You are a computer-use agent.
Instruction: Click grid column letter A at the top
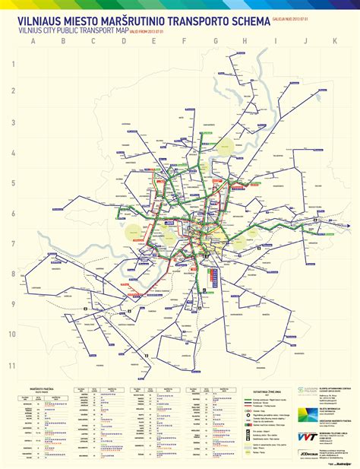point(33,41)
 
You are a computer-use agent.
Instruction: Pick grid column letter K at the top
point(335,41)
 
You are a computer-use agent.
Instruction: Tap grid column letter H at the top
point(245,41)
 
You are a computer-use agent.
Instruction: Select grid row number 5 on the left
point(12,182)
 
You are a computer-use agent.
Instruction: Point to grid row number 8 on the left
point(12,274)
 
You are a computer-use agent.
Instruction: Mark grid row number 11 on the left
point(12,365)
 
